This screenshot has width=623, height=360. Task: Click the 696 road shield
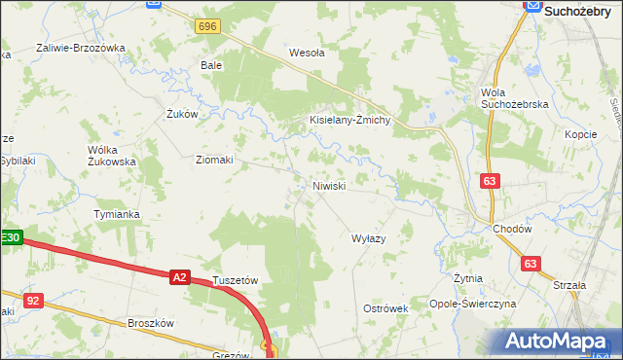coord(205,26)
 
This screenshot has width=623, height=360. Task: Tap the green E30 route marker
coord(10,237)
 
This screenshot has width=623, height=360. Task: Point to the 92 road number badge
coord(34,301)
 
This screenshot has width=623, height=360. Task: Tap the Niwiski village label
coord(329,185)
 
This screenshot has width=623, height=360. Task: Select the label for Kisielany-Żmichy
coord(349,120)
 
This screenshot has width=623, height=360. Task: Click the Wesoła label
coord(307,54)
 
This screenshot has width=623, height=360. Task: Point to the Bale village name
coord(211,65)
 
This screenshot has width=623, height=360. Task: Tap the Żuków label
coord(182,114)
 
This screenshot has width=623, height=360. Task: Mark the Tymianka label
coord(117,214)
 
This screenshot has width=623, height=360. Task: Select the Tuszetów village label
coord(235,279)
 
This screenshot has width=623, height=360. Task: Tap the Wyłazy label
coord(369,237)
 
